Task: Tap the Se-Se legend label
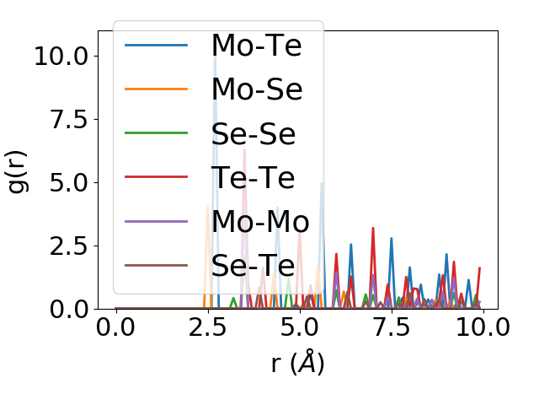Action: pyautogui.click(x=253, y=133)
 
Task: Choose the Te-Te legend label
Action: pyautogui.click(x=253, y=177)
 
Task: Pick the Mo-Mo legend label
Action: pyautogui.click(x=260, y=222)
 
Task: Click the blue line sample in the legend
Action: pyautogui.click(x=157, y=45)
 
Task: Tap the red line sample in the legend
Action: pyautogui.click(x=157, y=177)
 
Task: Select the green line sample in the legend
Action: pyautogui.click(x=157, y=133)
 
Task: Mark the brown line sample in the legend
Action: pyautogui.click(x=157, y=266)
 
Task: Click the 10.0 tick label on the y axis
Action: pyautogui.click(x=61, y=56)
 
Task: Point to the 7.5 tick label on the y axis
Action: pyautogui.click(x=69, y=119)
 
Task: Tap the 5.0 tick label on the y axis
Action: pyautogui.click(x=69, y=182)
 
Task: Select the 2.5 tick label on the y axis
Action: pyautogui.click(x=69, y=246)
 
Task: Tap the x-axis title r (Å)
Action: pyautogui.click(x=298, y=364)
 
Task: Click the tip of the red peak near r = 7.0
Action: pyautogui.click(x=373, y=228)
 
